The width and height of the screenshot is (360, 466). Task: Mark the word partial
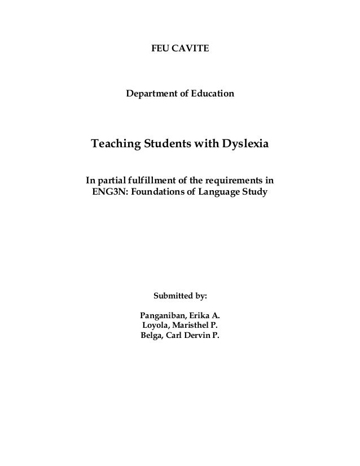click(x=111, y=181)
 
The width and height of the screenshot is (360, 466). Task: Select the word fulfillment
click(x=151, y=181)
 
